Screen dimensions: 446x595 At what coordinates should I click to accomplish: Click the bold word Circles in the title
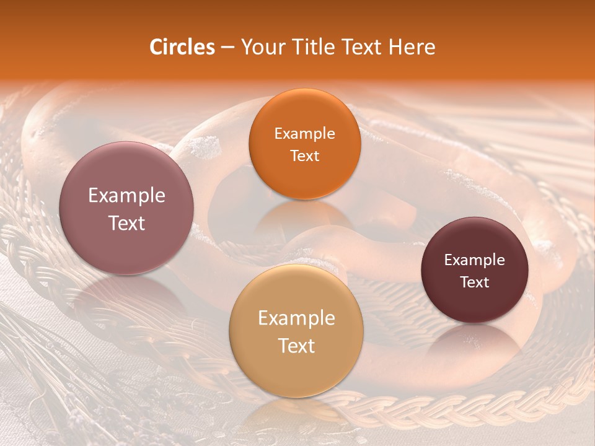point(182,47)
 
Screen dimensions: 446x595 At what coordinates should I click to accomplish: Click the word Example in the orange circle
point(304,134)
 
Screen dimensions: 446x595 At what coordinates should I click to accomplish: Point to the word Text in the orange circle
point(304,156)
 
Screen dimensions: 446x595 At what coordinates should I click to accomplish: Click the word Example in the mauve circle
point(126,196)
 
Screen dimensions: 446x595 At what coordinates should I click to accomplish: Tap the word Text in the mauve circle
point(126,223)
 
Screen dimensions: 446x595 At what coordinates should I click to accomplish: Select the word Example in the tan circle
point(296,318)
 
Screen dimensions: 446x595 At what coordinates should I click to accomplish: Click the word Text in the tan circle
point(296,346)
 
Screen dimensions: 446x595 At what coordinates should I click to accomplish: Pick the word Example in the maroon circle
point(475,260)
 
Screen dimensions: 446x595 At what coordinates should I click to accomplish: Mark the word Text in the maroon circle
point(475,282)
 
